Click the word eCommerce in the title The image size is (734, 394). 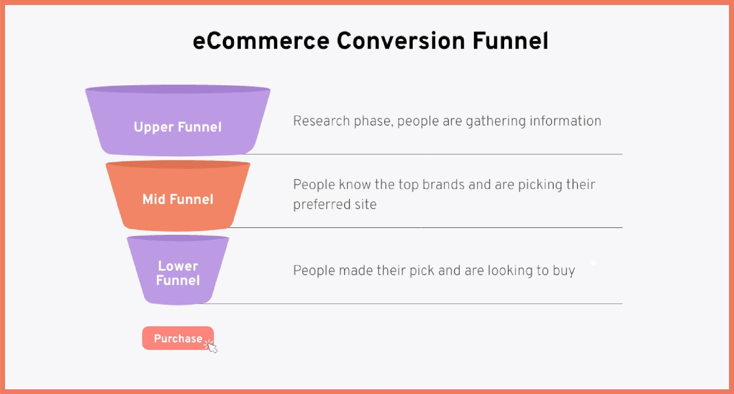[x=261, y=41]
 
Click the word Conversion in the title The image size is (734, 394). [x=401, y=41]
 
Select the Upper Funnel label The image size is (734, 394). [x=178, y=128]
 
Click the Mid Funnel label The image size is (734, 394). [x=178, y=199]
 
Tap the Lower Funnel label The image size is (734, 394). [x=178, y=273]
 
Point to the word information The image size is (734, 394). [x=565, y=121]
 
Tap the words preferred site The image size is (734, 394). [x=334, y=205]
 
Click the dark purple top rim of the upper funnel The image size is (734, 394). [x=178, y=89]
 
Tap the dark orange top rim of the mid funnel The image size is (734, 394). [x=178, y=164]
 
